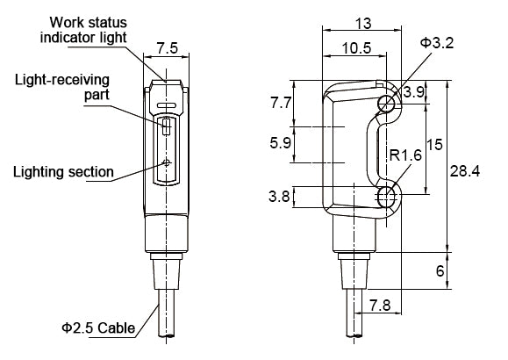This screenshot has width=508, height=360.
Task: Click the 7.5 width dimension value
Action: point(168,48)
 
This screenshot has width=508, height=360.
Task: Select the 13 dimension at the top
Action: point(363,24)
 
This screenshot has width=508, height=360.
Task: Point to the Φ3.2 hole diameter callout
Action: point(437,43)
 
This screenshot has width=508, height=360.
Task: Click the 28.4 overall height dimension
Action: point(465,171)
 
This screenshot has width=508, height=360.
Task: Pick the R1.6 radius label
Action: point(405,155)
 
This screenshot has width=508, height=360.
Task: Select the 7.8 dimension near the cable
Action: point(380,306)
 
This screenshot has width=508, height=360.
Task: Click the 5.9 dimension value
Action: point(281,143)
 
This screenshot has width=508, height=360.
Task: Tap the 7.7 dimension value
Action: point(281,103)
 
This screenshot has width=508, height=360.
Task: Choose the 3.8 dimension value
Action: point(279,196)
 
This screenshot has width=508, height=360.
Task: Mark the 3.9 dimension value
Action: point(414,92)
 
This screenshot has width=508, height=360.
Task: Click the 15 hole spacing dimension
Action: point(435,144)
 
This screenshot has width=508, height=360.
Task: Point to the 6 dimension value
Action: point(440,270)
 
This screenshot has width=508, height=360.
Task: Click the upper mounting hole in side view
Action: point(387,104)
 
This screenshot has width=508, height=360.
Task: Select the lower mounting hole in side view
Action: point(387,195)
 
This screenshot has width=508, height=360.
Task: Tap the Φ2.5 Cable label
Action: point(98,328)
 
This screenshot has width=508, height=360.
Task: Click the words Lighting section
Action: point(63,171)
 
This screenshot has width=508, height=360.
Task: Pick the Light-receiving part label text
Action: point(62,87)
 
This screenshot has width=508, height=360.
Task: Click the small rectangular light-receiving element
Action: point(166,126)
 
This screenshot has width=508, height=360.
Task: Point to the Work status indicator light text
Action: point(83,30)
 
